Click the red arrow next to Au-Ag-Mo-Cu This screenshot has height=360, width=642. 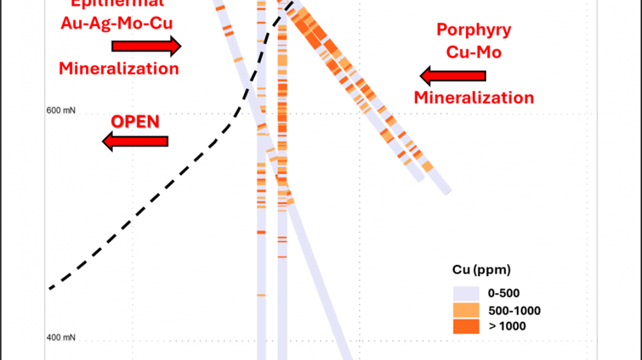pyautogui.click(x=146, y=46)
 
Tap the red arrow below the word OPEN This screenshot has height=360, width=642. pyautogui.click(x=135, y=140)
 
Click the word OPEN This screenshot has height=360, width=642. pyautogui.click(x=135, y=122)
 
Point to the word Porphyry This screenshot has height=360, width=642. pyautogui.click(x=474, y=30)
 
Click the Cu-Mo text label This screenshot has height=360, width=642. pyautogui.click(x=474, y=52)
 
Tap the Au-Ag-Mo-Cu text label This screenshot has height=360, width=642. pyautogui.click(x=118, y=23)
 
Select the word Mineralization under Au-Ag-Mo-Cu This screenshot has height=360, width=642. pyautogui.click(x=119, y=68)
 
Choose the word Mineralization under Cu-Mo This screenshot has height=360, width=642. pyautogui.click(x=474, y=97)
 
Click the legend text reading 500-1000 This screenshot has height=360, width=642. pyautogui.click(x=514, y=311)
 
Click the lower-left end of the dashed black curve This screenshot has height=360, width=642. pyautogui.click(x=50, y=288)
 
